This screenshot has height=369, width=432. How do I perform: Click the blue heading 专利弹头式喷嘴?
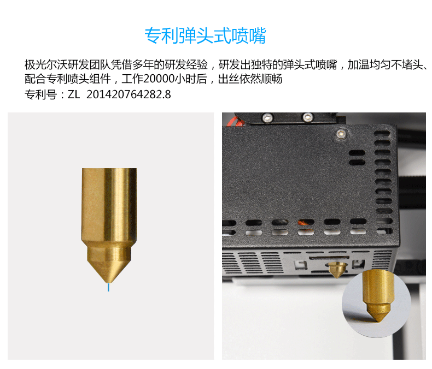coord(205,35)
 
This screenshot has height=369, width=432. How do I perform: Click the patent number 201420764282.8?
coord(129,94)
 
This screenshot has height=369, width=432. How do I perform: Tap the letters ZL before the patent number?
coord(74,94)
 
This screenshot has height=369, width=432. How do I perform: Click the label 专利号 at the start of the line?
coord(40,94)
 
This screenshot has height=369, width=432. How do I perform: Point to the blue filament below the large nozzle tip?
coord(109,287)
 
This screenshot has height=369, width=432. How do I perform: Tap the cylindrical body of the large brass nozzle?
coord(109,204)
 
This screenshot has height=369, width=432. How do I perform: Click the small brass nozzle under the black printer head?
coord(337,270)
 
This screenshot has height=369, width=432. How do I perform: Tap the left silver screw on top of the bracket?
coord(267,118)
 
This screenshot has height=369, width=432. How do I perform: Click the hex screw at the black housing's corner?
coord(341,134)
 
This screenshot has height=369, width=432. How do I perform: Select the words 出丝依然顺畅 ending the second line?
coord(250,79)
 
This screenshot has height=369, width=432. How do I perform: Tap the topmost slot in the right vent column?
coord(382,134)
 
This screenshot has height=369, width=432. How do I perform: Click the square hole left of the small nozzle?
coord(300,265)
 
